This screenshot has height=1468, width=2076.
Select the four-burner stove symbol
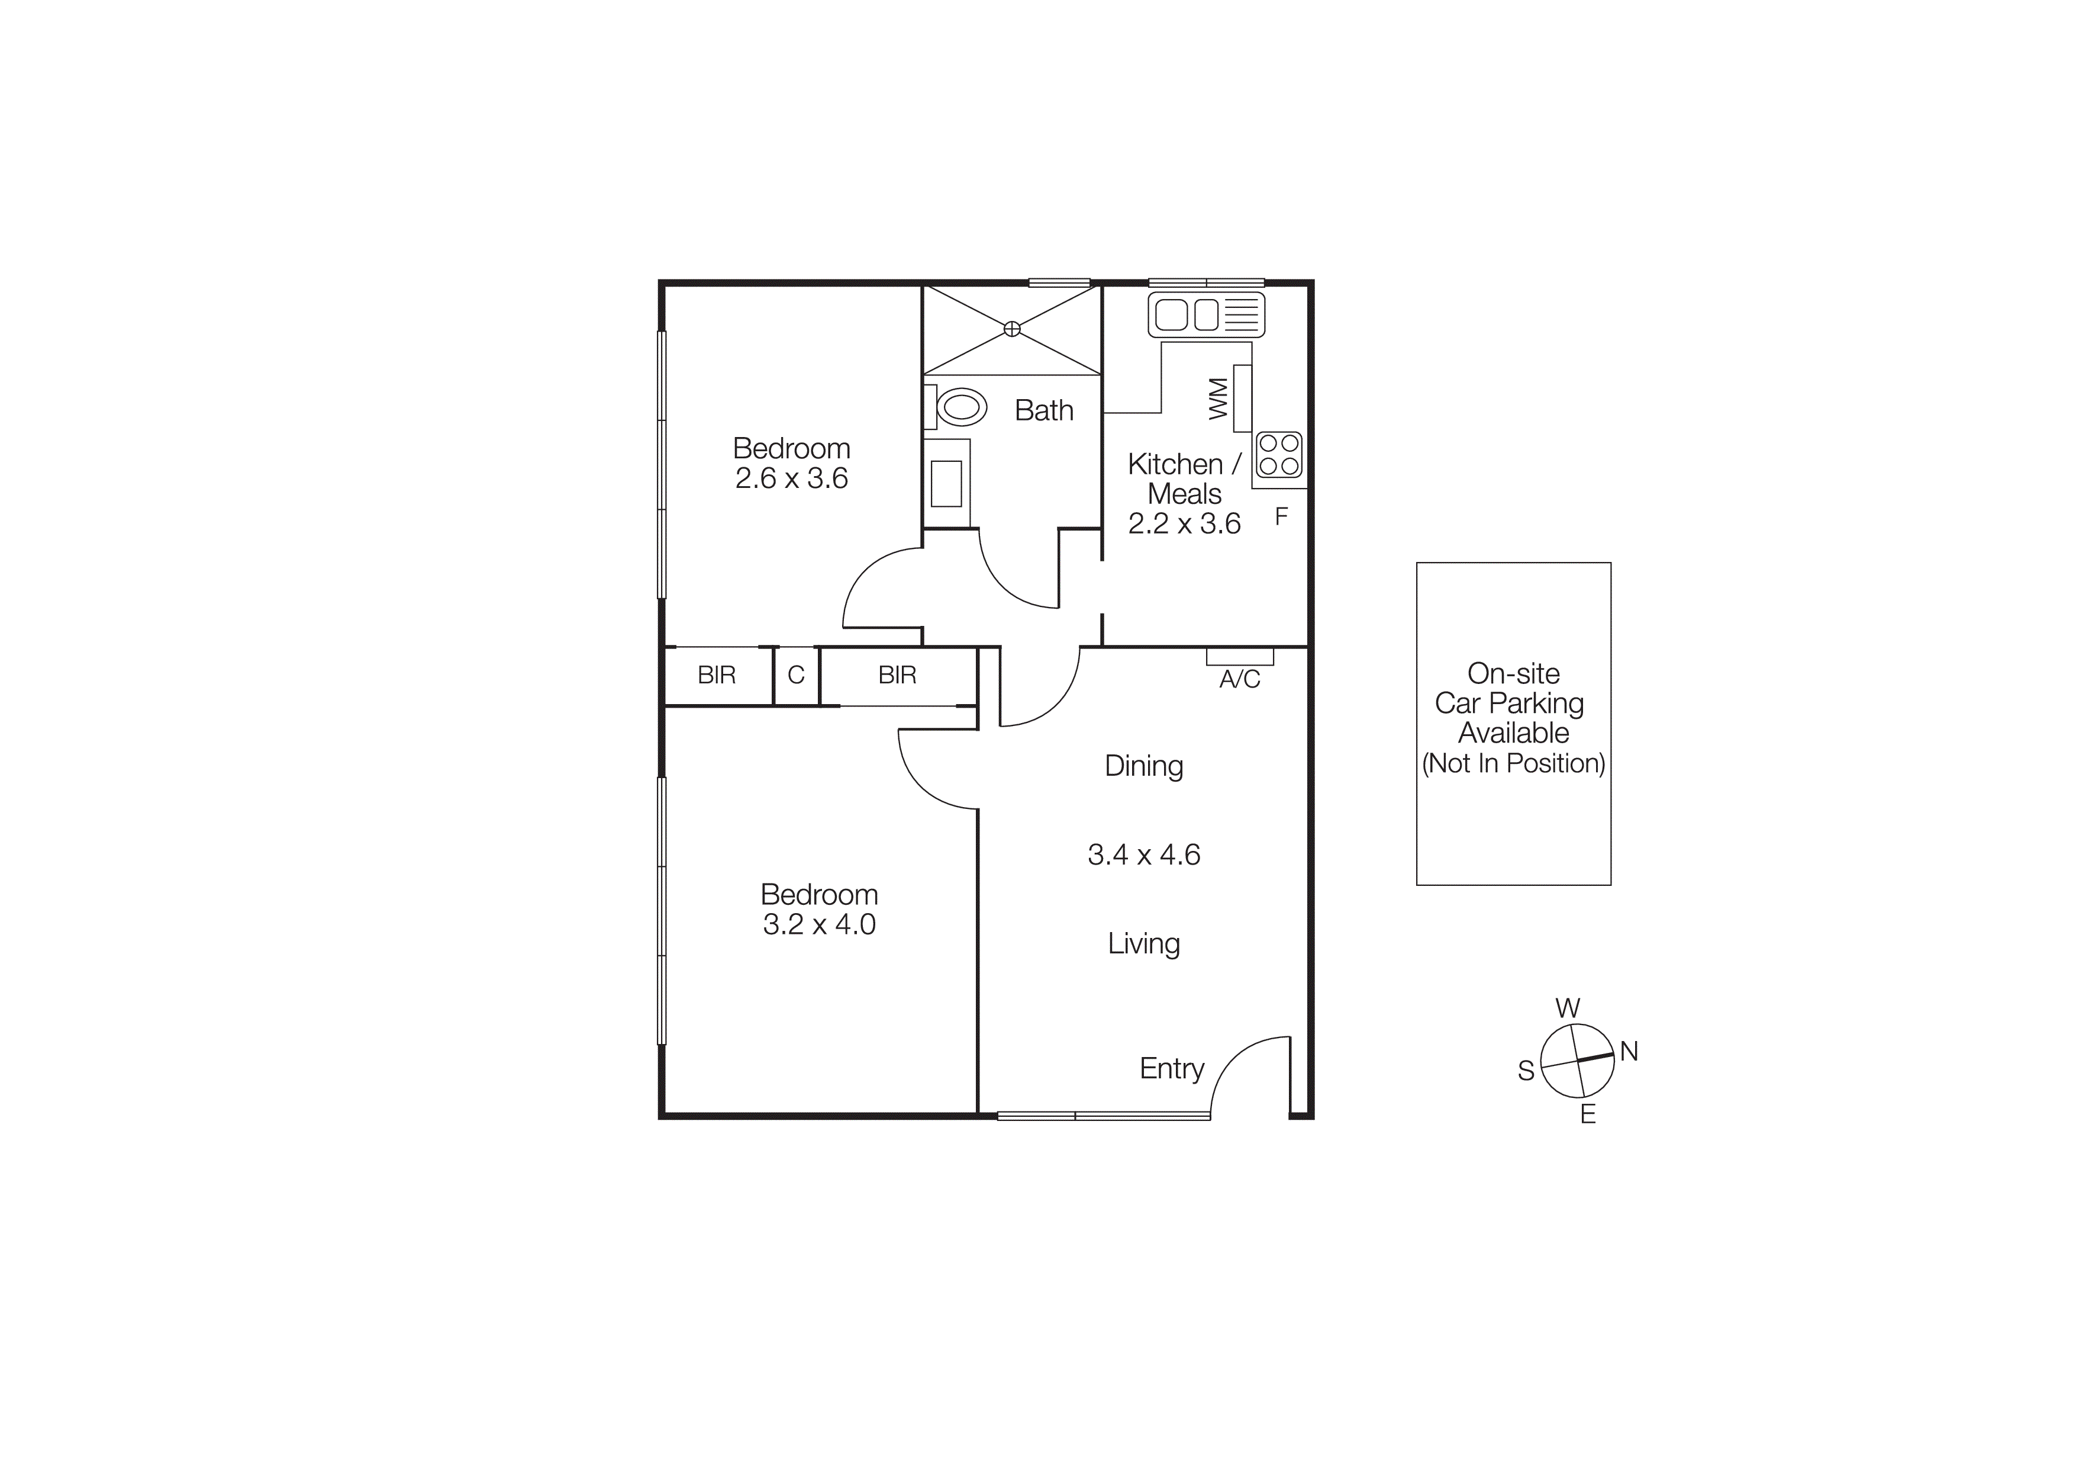click(x=1278, y=455)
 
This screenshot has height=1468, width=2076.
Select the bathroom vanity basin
click(x=946, y=483)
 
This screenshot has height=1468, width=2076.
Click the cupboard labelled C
click(x=796, y=674)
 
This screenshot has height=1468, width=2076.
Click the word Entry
click(x=1171, y=1068)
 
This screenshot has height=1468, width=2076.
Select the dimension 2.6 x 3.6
click(x=791, y=478)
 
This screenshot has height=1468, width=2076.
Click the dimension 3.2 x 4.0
click(x=819, y=924)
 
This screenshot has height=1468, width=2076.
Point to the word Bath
click(x=1043, y=410)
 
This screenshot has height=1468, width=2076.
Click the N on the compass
click(x=1629, y=1051)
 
